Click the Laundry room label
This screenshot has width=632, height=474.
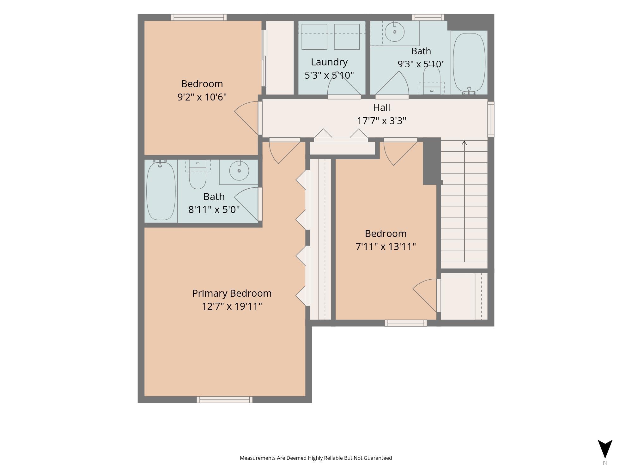329,62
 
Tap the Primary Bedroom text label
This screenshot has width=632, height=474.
232,294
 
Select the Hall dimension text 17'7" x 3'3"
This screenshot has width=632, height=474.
381,121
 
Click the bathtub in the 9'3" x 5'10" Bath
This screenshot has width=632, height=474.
469,63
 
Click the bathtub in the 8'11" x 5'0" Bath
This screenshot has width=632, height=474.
161,190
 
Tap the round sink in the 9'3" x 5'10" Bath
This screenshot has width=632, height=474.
395,32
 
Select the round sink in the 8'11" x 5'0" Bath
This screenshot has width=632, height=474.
239,171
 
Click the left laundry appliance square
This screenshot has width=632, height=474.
314,37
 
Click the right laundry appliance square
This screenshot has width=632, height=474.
347,37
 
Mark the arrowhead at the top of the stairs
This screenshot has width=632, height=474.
464,143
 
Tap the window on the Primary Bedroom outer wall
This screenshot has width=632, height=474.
224,400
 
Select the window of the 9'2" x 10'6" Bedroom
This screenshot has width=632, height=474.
199,17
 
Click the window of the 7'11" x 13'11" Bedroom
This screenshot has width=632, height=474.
406,323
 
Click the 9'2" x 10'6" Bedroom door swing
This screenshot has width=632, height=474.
246,118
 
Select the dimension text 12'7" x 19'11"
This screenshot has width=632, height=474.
232,306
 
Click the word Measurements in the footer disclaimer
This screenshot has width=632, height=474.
258,458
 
